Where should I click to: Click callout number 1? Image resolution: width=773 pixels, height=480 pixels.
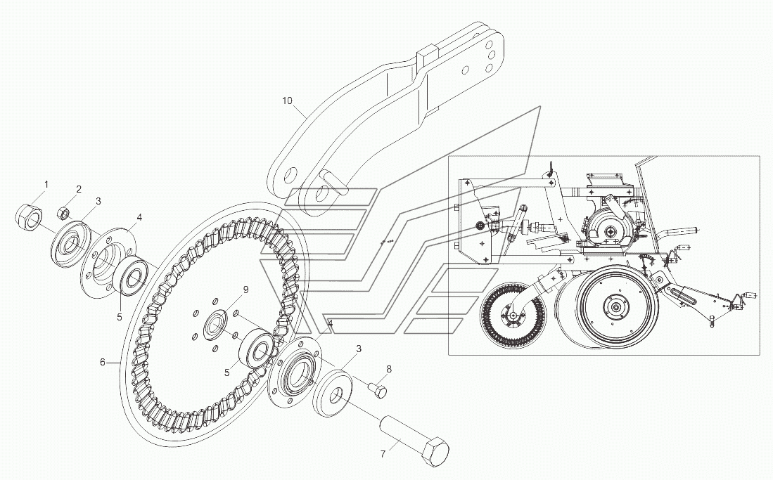point(46,185)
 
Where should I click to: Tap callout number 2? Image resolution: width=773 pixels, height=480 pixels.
point(79,189)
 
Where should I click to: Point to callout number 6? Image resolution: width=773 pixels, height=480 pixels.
point(103,363)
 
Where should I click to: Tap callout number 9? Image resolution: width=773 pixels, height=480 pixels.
point(245,290)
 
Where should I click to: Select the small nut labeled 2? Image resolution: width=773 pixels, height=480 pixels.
point(62,210)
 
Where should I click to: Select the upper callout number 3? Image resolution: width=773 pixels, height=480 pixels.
point(98,201)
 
